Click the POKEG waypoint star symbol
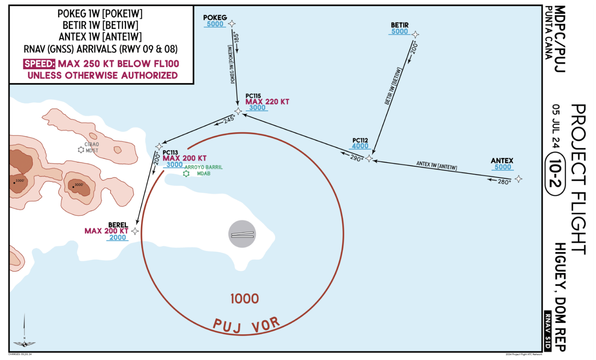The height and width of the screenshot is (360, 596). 232,24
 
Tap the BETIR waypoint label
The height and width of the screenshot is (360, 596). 400,25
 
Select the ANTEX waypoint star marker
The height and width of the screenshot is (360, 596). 518,179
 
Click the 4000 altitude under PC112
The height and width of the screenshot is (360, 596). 360,146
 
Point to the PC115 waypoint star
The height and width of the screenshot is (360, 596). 238,111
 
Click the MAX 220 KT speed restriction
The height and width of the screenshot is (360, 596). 267,102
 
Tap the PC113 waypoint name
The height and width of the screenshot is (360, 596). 170,152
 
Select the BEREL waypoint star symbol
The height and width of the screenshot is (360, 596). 135,231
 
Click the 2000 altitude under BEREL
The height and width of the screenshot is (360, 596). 117,238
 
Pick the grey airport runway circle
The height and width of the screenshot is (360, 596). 242,234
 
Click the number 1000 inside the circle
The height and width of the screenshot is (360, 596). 245,299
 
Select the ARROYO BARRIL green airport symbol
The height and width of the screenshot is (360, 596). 186,173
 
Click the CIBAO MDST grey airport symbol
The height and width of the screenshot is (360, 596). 81,150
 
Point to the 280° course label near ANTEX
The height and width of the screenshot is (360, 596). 504,182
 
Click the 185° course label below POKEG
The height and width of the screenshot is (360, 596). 237,39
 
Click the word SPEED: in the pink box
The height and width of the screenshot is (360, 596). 39,64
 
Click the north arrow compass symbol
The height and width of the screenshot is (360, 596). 24,332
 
